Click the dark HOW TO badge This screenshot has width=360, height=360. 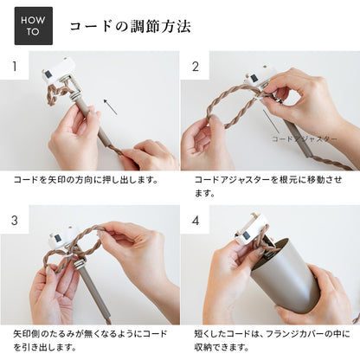(33, 26)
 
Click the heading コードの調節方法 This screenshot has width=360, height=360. (130, 27)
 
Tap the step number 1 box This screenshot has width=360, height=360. (14, 66)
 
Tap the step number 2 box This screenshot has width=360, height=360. (196, 66)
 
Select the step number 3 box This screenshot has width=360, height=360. (14, 220)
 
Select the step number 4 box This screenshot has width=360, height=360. (196, 220)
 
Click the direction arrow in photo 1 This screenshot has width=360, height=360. (110, 106)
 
